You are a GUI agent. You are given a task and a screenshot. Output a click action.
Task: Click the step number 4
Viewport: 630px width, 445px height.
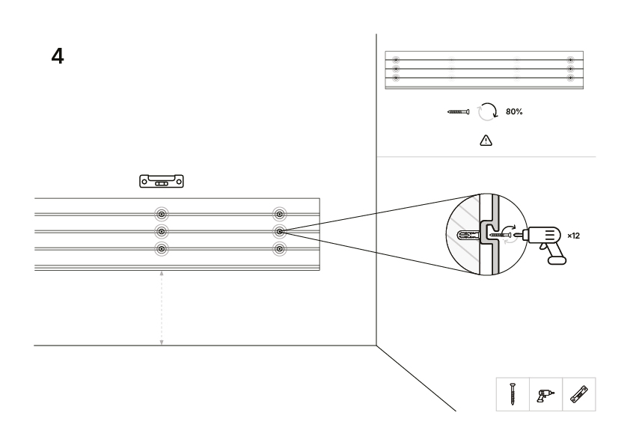pyautogui.click(x=58, y=56)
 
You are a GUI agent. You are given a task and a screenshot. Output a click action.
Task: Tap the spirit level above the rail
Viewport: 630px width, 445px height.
pyautogui.click(x=162, y=181)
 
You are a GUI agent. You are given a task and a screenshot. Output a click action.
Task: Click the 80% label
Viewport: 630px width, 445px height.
pyautogui.click(x=514, y=111)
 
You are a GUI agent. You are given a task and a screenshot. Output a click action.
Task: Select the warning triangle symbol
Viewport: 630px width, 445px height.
pyautogui.click(x=486, y=140)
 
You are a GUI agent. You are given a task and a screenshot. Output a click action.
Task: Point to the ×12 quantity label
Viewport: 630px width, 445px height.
pyautogui.click(x=573, y=236)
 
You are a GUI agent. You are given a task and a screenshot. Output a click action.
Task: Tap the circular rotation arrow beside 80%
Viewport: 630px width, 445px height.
pyautogui.click(x=487, y=111)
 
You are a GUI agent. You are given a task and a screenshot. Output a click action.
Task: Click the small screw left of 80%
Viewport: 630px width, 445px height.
pyautogui.click(x=458, y=111)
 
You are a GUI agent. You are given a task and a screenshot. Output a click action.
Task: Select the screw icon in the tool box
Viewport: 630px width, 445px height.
pyautogui.click(x=513, y=394)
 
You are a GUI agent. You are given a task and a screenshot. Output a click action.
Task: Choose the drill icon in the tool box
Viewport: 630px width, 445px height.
pyautogui.click(x=545, y=395)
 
